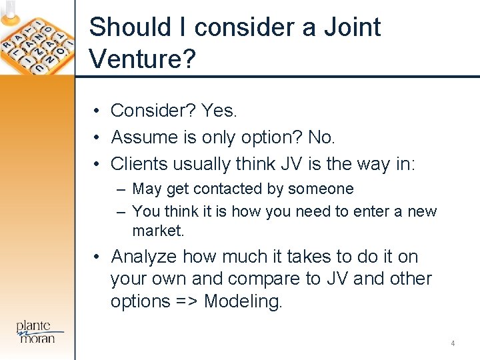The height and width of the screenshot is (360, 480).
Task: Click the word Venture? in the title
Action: click(x=142, y=59)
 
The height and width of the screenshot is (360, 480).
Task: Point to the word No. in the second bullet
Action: click(x=321, y=137)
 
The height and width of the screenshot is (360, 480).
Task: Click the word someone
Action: click(x=321, y=189)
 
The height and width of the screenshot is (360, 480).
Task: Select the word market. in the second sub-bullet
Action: click(x=157, y=231)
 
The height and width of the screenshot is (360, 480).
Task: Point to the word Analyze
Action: click(x=144, y=257)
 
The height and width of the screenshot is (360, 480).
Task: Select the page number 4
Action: click(x=453, y=343)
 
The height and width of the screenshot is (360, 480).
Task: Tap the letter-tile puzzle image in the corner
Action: click(x=37, y=38)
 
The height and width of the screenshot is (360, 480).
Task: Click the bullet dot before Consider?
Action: click(x=97, y=111)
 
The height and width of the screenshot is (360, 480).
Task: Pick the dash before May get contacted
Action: click(x=121, y=190)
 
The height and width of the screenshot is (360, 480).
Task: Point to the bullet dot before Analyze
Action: click(x=97, y=257)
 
